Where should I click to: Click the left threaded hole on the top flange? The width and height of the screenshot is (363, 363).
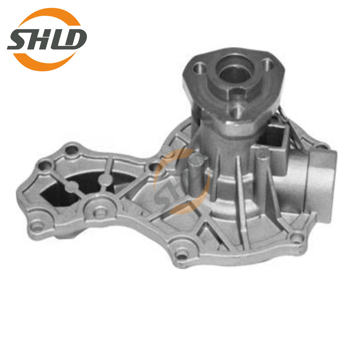(x=199, y=67)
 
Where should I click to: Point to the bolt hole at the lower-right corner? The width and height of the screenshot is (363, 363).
(x=297, y=238)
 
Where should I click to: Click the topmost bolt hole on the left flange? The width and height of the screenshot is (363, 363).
(x=71, y=149)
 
